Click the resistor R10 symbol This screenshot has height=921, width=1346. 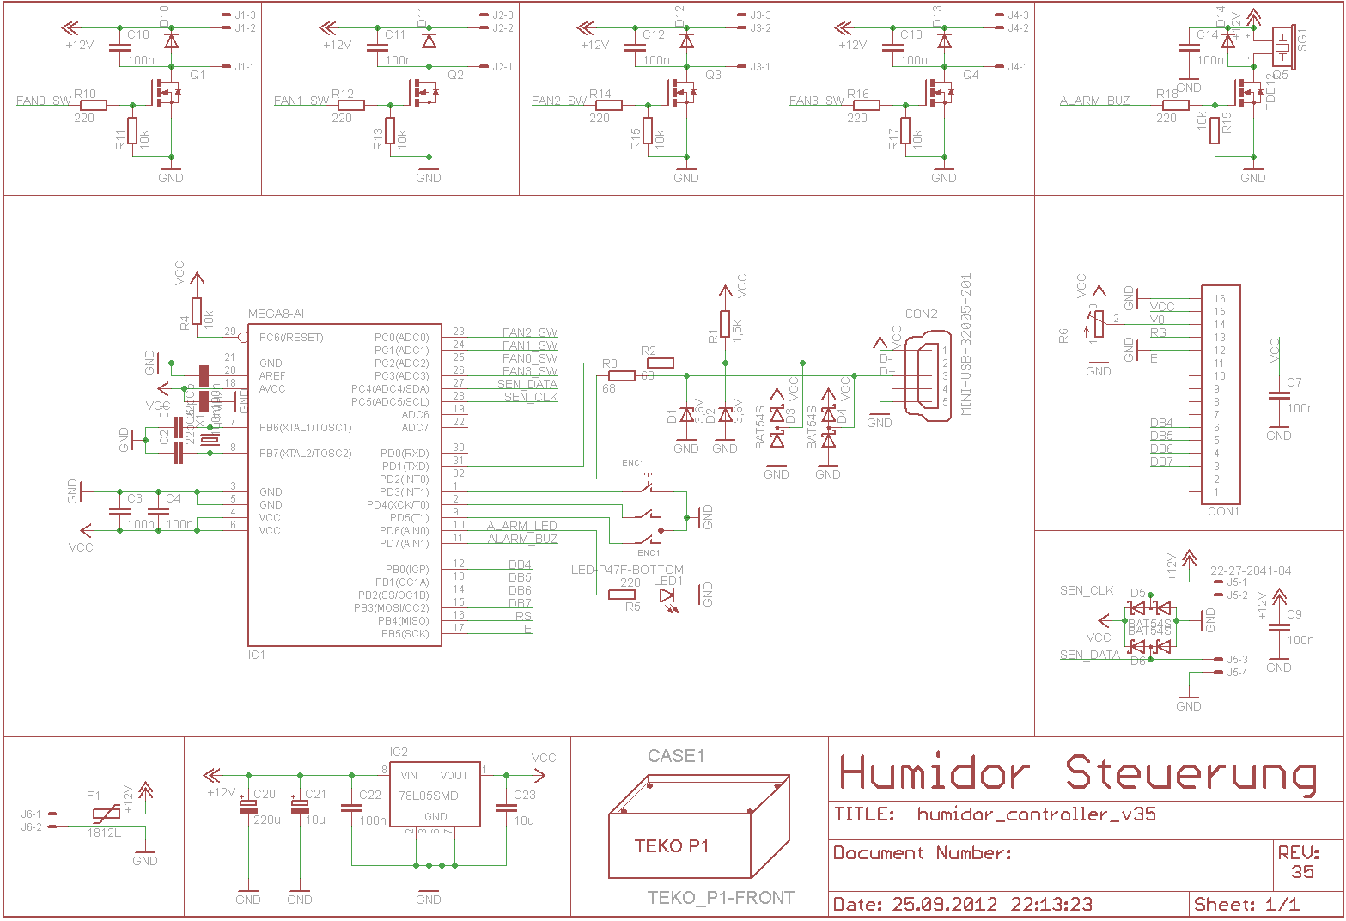pos(94,105)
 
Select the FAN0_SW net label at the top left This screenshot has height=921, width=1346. pos(44,101)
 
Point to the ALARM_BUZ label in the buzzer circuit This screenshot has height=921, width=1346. pos(1094,101)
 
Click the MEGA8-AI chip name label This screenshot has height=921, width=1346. pos(276,314)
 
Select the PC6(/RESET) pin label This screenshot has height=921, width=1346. pos(291,338)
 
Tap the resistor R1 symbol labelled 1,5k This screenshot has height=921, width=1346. pos(725,324)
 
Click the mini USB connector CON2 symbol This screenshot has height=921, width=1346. pos(929,375)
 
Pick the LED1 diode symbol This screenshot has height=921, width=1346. pos(667,595)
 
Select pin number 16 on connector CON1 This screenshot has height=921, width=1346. pos(1219,299)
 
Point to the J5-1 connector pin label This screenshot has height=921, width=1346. pos(1237,582)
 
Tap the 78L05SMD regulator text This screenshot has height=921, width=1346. pos(429,796)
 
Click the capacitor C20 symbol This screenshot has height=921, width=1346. pos(248,807)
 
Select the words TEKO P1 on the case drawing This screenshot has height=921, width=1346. pos(672,846)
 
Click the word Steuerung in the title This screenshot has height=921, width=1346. pos(1191,775)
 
